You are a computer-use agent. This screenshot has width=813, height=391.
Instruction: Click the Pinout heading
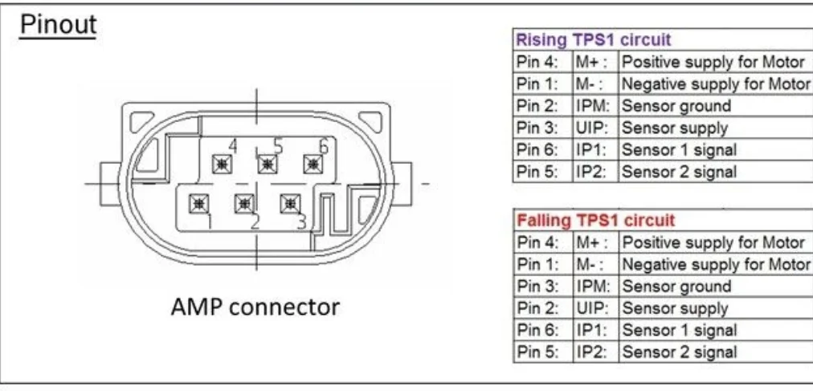pos(58,25)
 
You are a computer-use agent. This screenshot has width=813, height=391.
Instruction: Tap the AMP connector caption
pos(255,307)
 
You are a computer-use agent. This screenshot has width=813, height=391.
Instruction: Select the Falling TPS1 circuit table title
pos(595,220)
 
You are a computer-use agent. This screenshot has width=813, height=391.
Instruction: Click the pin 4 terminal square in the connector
pos(220,164)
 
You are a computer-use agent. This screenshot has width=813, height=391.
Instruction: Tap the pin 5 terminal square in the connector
pos(266,164)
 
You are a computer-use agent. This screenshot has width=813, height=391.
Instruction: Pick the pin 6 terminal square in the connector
pos(312,164)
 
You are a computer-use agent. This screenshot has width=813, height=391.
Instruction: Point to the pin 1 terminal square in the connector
pos(197,204)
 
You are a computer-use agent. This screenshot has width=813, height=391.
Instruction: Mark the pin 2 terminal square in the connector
pos(243,204)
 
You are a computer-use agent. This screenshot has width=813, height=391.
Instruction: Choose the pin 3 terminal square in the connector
pos(288,204)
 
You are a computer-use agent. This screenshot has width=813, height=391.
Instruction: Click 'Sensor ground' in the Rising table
pos(676,106)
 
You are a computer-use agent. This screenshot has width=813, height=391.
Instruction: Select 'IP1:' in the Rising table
pos(589,149)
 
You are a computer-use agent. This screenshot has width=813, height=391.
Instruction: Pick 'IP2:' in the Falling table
pos(589,352)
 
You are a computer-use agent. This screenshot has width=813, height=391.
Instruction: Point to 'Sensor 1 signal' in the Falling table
pos(679,330)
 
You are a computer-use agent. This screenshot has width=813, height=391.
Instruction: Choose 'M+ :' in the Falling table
pos(592,242)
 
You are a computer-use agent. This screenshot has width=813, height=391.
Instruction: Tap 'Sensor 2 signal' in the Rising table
pos(679,171)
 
